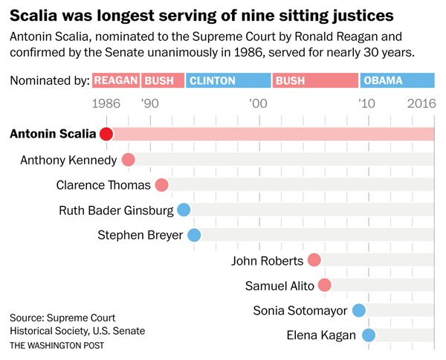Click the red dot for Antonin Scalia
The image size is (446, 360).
click(x=106, y=134)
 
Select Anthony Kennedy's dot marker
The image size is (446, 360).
click(x=128, y=160)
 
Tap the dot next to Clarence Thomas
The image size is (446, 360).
click(x=161, y=185)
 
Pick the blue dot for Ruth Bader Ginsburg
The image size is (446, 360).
click(x=184, y=210)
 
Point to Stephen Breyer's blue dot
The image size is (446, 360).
click(x=194, y=236)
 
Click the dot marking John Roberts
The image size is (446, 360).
click(x=314, y=260)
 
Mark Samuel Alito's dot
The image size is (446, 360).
click(x=324, y=286)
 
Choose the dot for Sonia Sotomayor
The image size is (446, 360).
click(x=359, y=311)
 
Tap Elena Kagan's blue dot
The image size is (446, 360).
click(x=369, y=335)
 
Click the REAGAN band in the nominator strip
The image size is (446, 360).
click(x=115, y=80)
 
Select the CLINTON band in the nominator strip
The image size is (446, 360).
click(x=227, y=80)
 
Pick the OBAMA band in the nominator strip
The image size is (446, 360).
click(x=397, y=80)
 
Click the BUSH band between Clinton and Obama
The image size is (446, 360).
click(x=315, y=80)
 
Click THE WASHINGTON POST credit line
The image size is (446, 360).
click(x=57, y=346)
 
